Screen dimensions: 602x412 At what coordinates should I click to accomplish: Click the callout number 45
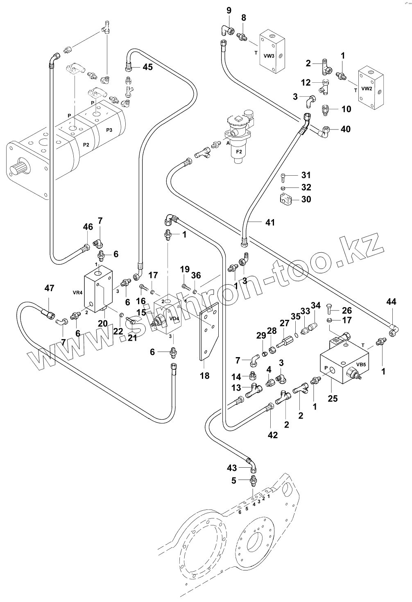(x=147, y=67)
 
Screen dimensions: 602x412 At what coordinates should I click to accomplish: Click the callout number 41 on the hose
(x=269, y=222)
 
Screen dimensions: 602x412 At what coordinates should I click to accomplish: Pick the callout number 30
(x=306, y=199)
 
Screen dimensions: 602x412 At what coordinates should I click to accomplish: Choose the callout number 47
(x=49, y=288)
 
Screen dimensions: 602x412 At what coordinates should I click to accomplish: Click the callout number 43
(x=232, y=468)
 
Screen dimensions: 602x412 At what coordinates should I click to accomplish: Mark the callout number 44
(x=391, y=302)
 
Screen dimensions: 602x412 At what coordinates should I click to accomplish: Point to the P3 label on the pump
(x=109, y=130)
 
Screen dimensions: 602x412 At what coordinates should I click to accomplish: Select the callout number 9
(x=229, y=9)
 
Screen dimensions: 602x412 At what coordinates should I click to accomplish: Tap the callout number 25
(x=333, y=398)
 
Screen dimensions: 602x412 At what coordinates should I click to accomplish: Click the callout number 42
(x=272, y=435)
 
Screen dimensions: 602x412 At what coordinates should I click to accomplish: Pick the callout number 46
(x=88, y=226)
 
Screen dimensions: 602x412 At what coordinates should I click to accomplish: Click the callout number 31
(x=306, y=175)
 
